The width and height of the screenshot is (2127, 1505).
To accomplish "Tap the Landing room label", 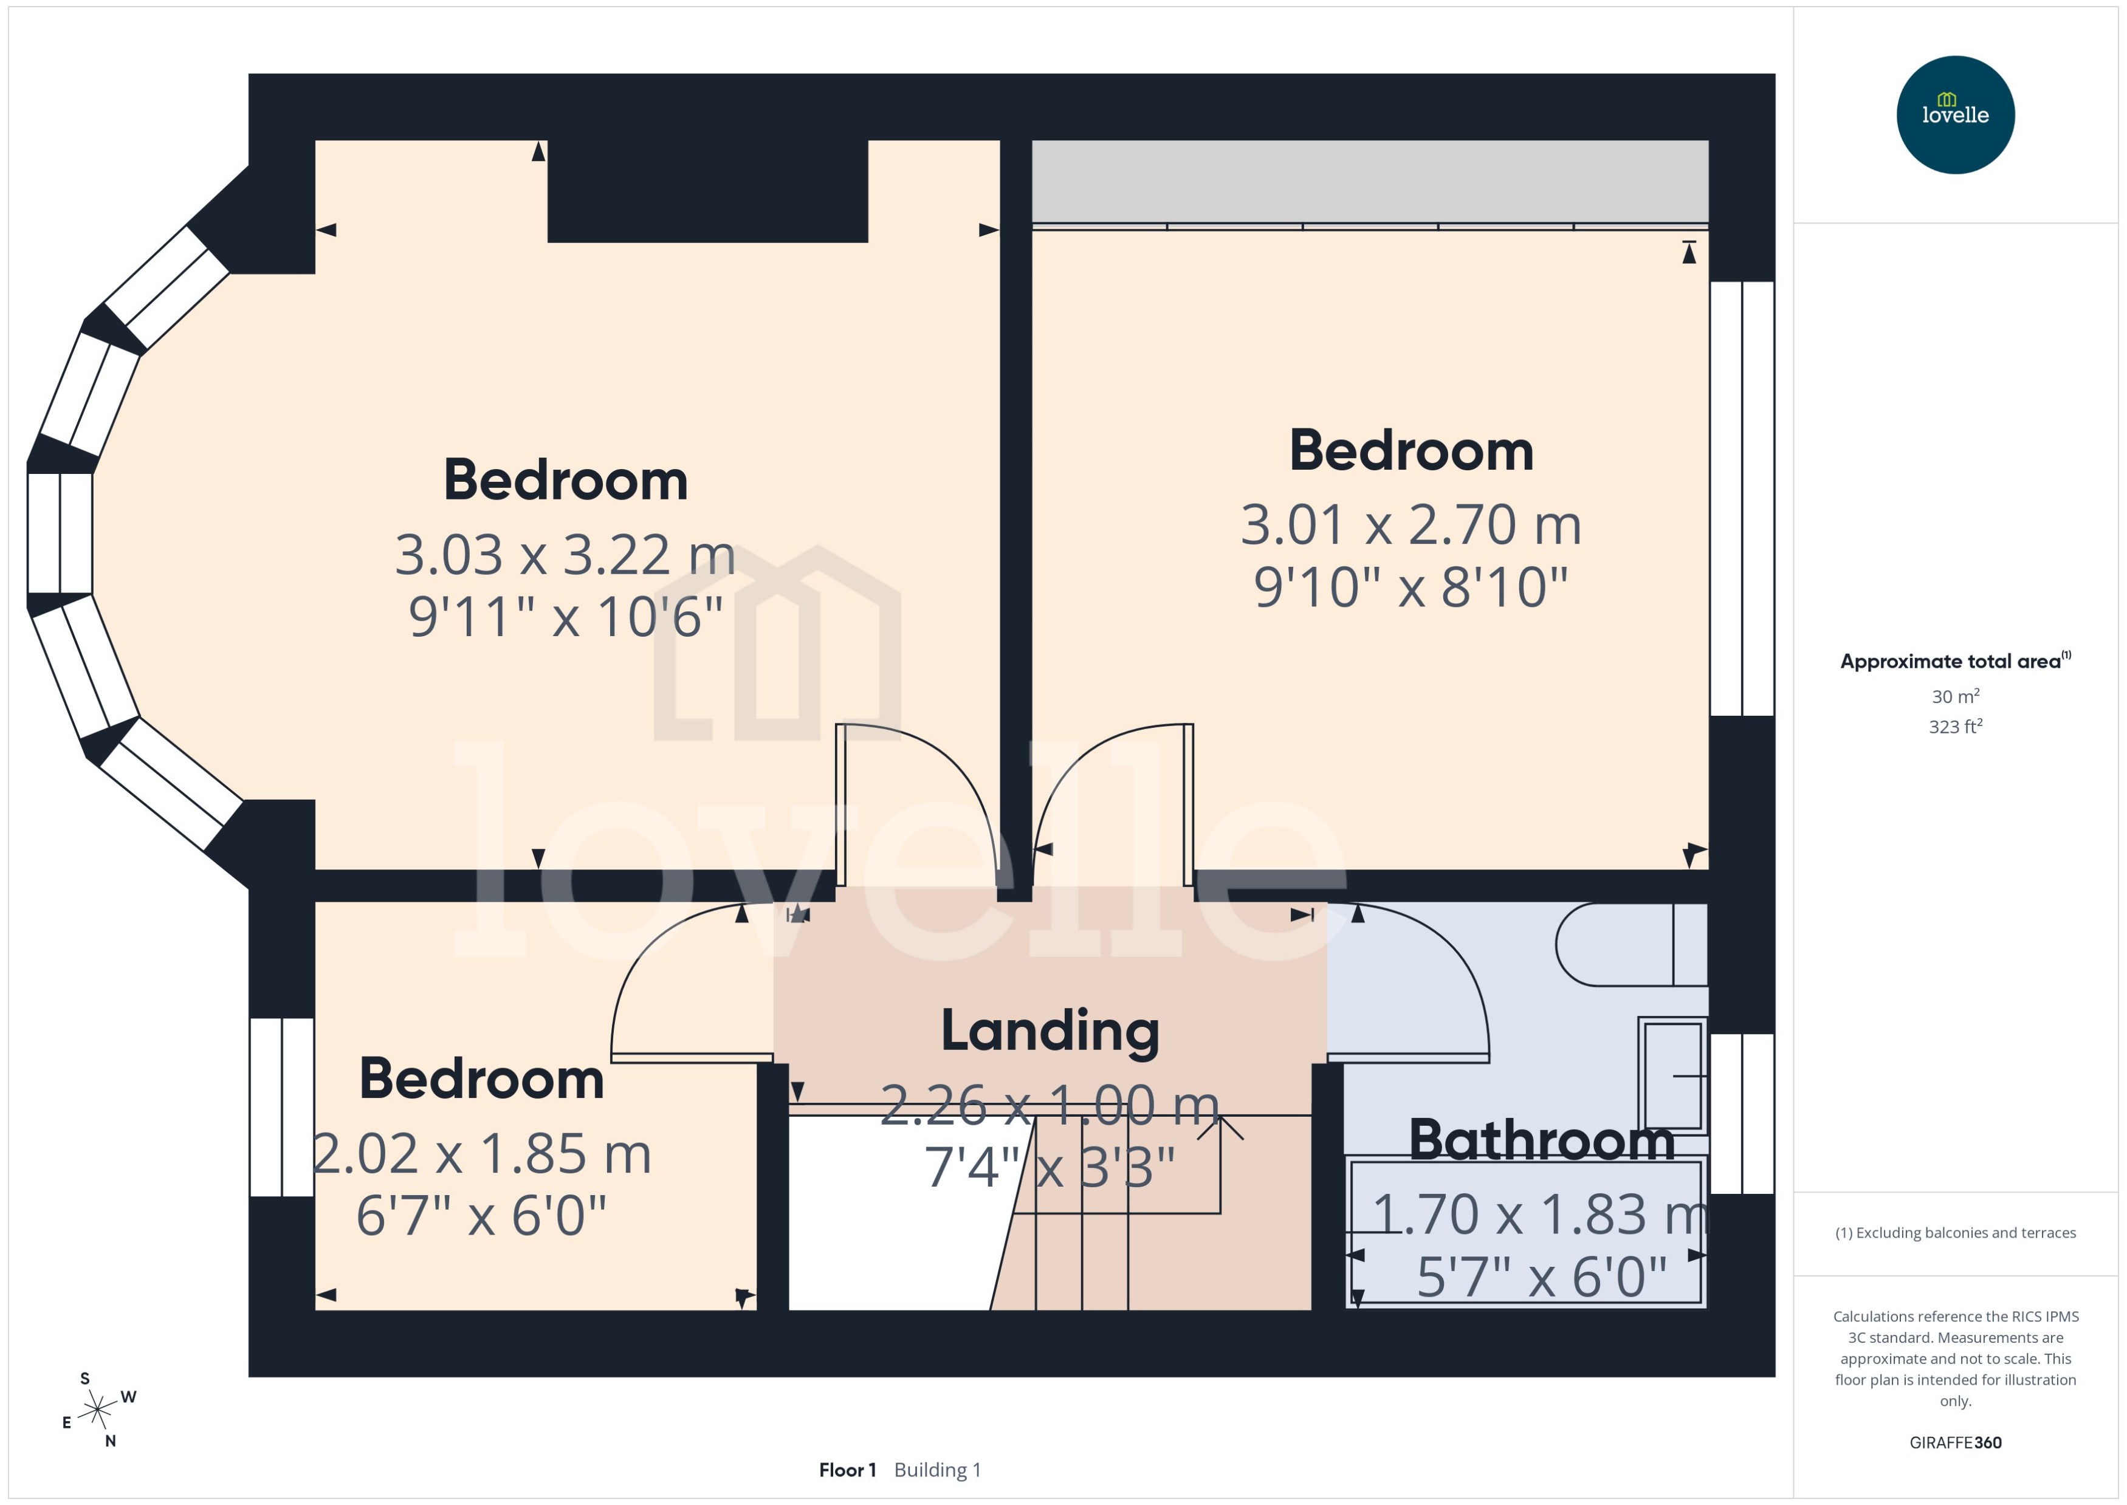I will pyautogui.click(x=1050, y=1030).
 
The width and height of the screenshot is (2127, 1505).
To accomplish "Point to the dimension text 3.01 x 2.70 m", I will pyautogui.click(x=1411, y=524).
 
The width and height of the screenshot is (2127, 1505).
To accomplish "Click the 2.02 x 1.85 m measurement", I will pyautogui.click(x=481, y=1154).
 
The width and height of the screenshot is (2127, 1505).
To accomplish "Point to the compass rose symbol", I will pyautogui.click(x=97, y=1410).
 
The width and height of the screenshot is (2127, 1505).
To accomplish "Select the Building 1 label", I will pyautogui.click(x=937, y=1470).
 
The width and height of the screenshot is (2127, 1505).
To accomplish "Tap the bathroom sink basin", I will pyautogui.click(x=1673, y=1075).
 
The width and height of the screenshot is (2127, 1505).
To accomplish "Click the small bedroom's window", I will pyautogui.click(x=282, y=1108).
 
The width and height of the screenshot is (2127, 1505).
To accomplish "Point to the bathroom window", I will pyautogui.click(x=1742, y=1113).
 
